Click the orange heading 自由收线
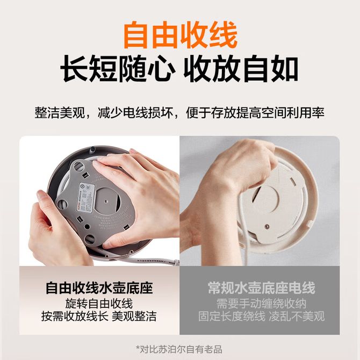click(x=180, y=35)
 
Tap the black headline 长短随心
click(x=117, y=69)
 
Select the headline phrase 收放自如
click(x=241, y=69)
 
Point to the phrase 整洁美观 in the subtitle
click(x=60, y=113)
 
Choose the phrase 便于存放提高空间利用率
click(x=255, y=113)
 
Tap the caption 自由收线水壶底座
click(x=99, y=287)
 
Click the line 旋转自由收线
click(x=99, y=304)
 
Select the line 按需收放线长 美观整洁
click(x=99, y=316)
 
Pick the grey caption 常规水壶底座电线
click(x=261, y=287)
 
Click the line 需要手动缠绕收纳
click(x=261, y=304)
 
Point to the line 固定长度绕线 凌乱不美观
click(x=261, y=316)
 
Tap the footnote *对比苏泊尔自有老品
click(x=179, y=349)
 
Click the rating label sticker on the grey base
click(x=87, y=197)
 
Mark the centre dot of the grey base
click(x=106, y=201)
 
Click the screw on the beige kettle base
click(x=267, y=227)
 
